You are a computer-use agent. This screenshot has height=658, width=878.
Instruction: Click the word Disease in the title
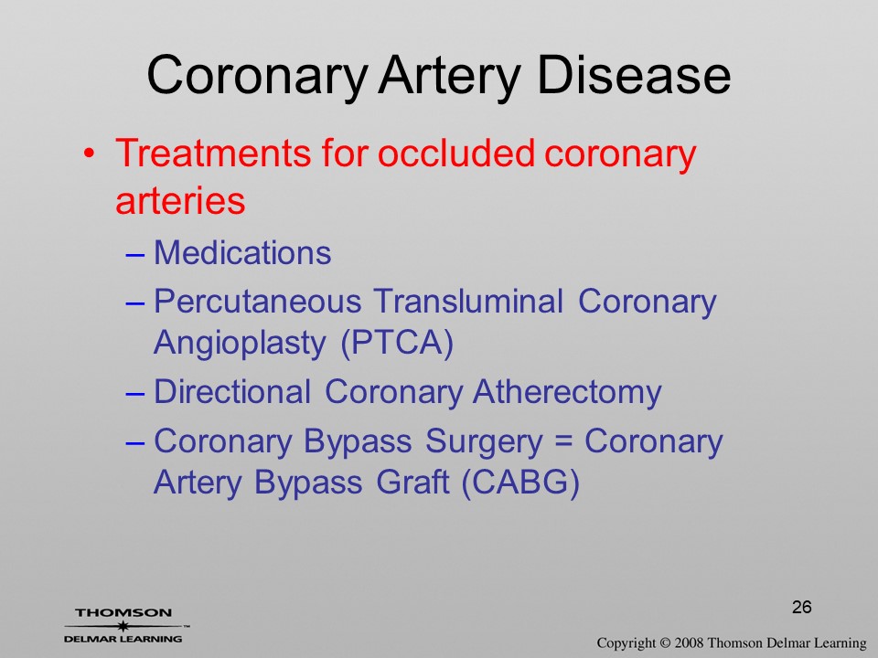pyautogui.click(x=634, y=76)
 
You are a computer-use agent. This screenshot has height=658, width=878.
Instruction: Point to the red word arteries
pyautogui.click(x=180, y=200)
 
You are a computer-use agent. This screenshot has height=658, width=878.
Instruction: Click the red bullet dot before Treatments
pyautogui.click(x=89, y=154)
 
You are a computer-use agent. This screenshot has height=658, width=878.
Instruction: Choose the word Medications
pyautogui.click(x=242, y=253)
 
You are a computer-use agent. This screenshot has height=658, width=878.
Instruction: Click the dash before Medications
pyautogui.click(x=135, y=256)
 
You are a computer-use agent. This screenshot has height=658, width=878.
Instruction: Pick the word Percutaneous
pyautogui.click(x=258, y=302)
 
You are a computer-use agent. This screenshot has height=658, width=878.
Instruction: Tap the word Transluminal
pyautogui.click(x=468, y=301)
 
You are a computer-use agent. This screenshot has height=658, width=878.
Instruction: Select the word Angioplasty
pyautogui.click(x=240, y=344)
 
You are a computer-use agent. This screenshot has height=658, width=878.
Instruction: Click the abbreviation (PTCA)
pyautogui.click(x=397, y=343)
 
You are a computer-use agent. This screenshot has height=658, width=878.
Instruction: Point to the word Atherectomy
pyautogui.click(x=567, y=393)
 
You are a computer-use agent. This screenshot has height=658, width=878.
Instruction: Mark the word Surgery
pyautogui.click(x=484, y=442)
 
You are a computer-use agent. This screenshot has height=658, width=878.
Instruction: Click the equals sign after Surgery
pyautogui.click(x=563, y=442)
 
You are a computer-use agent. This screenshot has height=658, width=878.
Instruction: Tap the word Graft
pyautogui.click(x=412, y=483)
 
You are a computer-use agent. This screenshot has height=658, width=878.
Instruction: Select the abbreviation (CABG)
pyautogui.click(x=520, y=483)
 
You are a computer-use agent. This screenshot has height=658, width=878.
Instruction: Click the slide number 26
pyautogui.click(x=802, y=607)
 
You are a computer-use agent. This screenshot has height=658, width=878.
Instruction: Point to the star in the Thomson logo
pyautogui.click(x=123, y=625)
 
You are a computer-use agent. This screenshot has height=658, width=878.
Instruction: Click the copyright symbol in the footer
pyautogui.click(x=665, y=643)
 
